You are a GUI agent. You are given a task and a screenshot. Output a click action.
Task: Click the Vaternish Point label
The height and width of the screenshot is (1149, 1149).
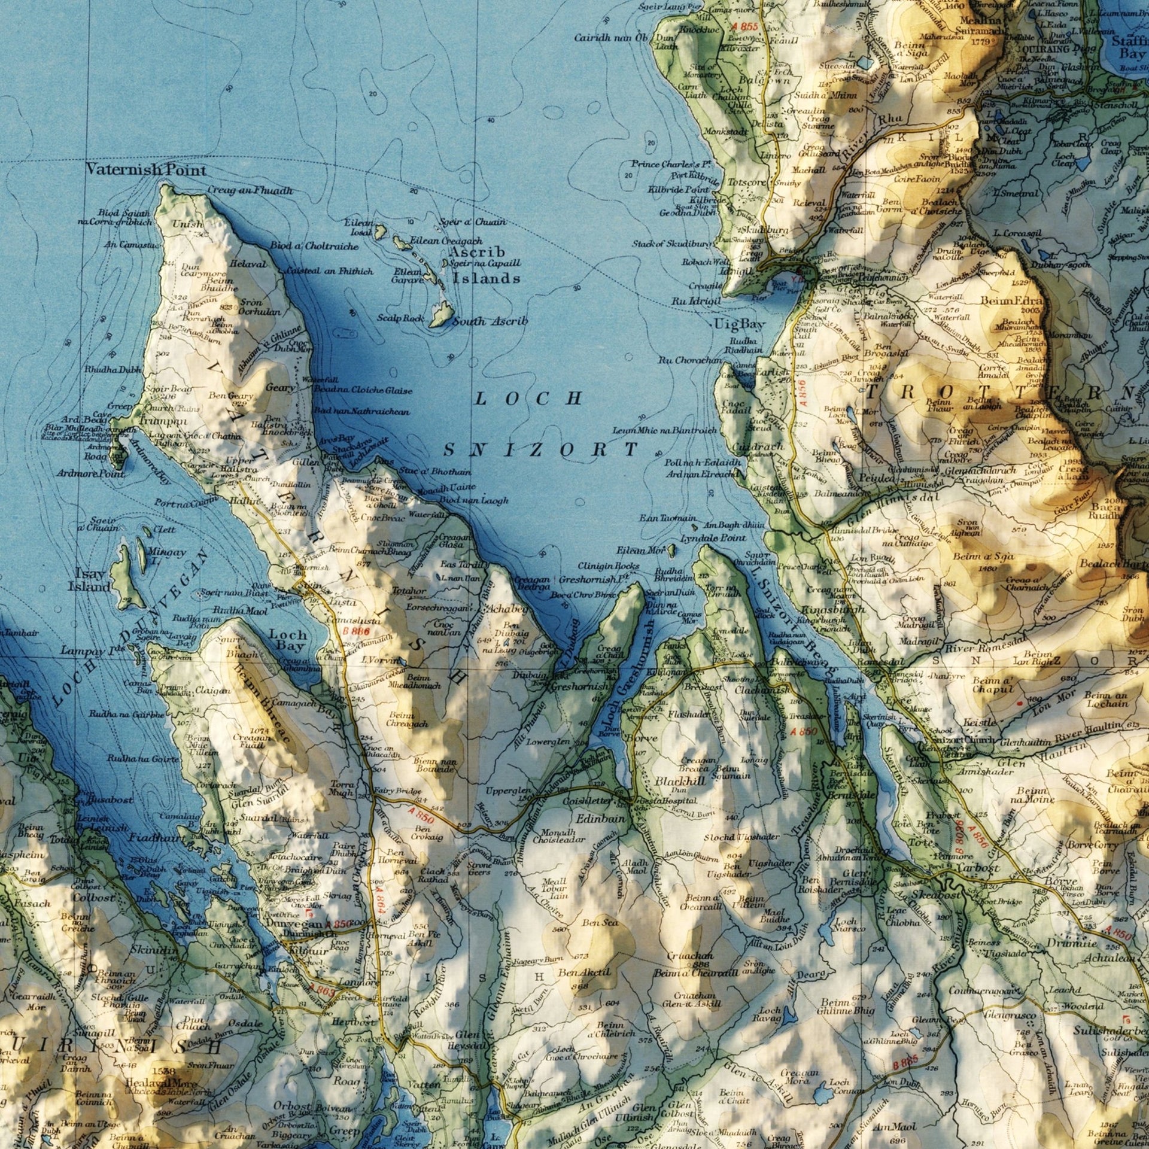[146, 170]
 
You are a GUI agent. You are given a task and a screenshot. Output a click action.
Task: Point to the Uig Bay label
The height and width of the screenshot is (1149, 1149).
[739, 324]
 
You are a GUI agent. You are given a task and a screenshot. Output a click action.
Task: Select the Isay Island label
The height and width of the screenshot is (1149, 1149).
[90, 579]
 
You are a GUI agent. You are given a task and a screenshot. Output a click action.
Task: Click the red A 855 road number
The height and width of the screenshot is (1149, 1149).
[744, 27]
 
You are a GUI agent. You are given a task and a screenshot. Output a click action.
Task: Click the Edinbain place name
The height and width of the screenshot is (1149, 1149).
[601, 818]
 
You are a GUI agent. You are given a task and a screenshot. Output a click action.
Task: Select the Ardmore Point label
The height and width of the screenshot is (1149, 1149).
[91, 473]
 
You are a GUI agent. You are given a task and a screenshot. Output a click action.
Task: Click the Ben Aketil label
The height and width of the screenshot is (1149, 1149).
[584, 972]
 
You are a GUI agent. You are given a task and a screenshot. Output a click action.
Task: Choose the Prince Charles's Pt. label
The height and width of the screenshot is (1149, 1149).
[671, 164]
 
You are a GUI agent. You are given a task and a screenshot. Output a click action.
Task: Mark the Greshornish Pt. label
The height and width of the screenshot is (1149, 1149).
[595, 579]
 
